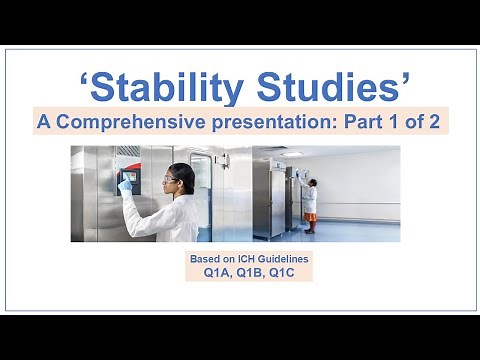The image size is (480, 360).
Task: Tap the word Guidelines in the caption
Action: click(x=281, y=258)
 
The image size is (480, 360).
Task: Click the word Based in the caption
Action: click(x=205, y=258)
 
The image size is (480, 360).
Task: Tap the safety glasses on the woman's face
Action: click(x=167, y=179)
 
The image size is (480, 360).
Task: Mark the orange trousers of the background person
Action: click(x=311, y=222)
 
